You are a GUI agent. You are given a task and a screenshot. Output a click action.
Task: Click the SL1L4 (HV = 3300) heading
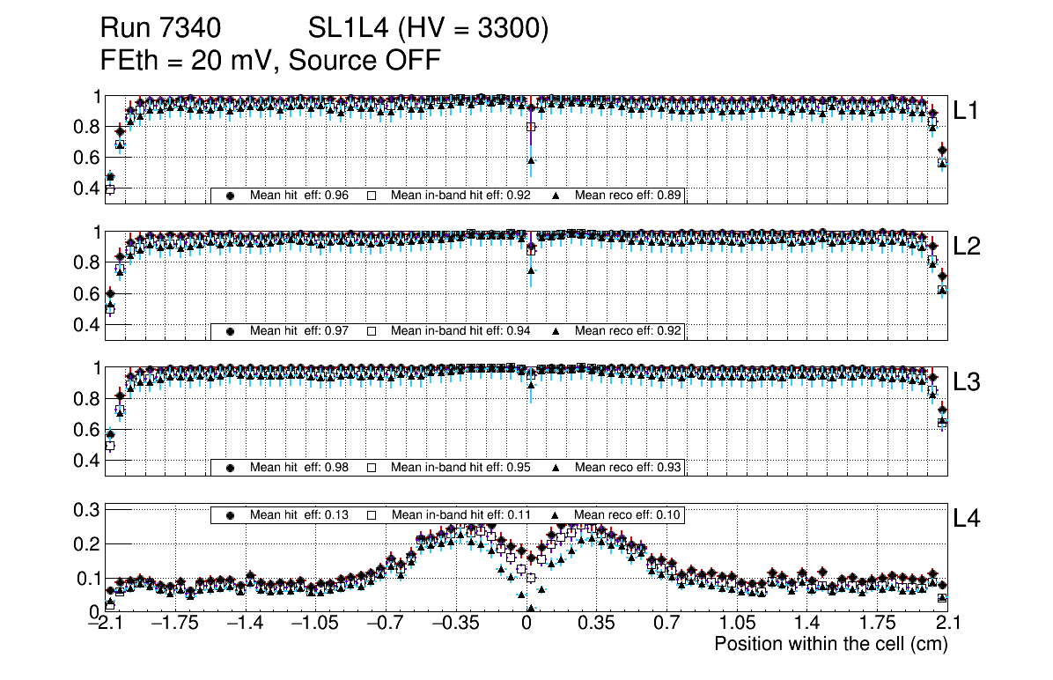click(x=429, y=29)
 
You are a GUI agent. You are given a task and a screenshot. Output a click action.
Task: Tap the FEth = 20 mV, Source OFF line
click(x=270, y=60)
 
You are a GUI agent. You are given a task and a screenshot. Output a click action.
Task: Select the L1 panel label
click(x=968, y=111)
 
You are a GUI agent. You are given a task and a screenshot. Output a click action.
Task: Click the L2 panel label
click(x=968, y=247)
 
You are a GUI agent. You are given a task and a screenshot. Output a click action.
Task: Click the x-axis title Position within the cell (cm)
click(x=830, y=644)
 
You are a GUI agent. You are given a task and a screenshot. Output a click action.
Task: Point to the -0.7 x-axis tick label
click(x=385, y=624)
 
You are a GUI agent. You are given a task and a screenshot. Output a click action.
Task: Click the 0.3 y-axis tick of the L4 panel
click(x=86, y=509)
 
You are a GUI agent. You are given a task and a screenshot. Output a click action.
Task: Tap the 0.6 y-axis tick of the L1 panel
click(x=86, y=158)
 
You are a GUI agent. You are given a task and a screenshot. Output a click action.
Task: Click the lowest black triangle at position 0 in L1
click(x=531, y=160)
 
